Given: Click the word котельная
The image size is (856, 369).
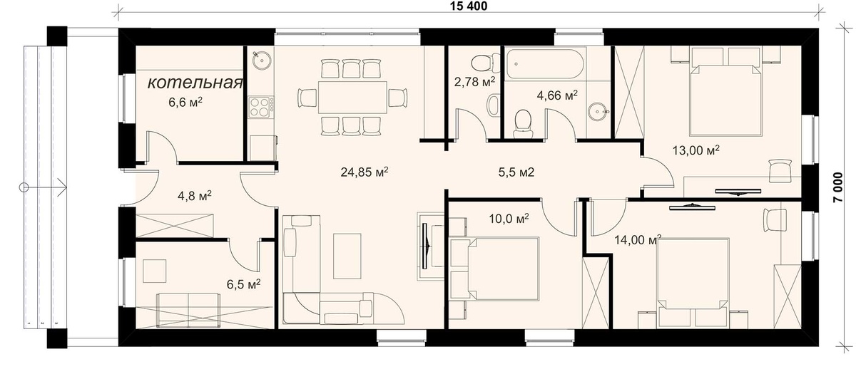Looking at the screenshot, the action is [195, 83].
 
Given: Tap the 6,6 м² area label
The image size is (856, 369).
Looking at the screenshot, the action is [185, 102].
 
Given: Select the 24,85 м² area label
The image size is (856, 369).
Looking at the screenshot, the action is [365, 172].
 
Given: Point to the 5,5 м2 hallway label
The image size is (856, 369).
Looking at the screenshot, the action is [516, 172].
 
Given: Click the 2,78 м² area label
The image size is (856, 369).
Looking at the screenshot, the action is [474, 81].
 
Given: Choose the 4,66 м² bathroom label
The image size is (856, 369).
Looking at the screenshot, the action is [557, 95].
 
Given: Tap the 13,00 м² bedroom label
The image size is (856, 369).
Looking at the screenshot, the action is [696, 150].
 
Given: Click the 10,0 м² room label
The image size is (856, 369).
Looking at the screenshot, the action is [509, 219].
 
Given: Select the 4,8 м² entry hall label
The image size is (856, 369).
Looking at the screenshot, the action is [195, 196].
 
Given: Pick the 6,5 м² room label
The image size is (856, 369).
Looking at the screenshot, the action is [243, 284].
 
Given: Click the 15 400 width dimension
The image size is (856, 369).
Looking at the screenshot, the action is [469, 6].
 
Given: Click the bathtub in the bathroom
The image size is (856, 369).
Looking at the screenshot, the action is [544, 64].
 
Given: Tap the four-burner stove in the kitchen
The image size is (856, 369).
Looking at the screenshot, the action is [261, 106].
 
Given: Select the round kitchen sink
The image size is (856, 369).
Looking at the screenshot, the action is [262, 60].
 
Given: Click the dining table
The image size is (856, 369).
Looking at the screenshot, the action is [352, 97].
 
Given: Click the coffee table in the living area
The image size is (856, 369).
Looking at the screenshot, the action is [347, 256].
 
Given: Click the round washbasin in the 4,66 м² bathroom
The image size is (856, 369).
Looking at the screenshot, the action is [597, 111].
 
